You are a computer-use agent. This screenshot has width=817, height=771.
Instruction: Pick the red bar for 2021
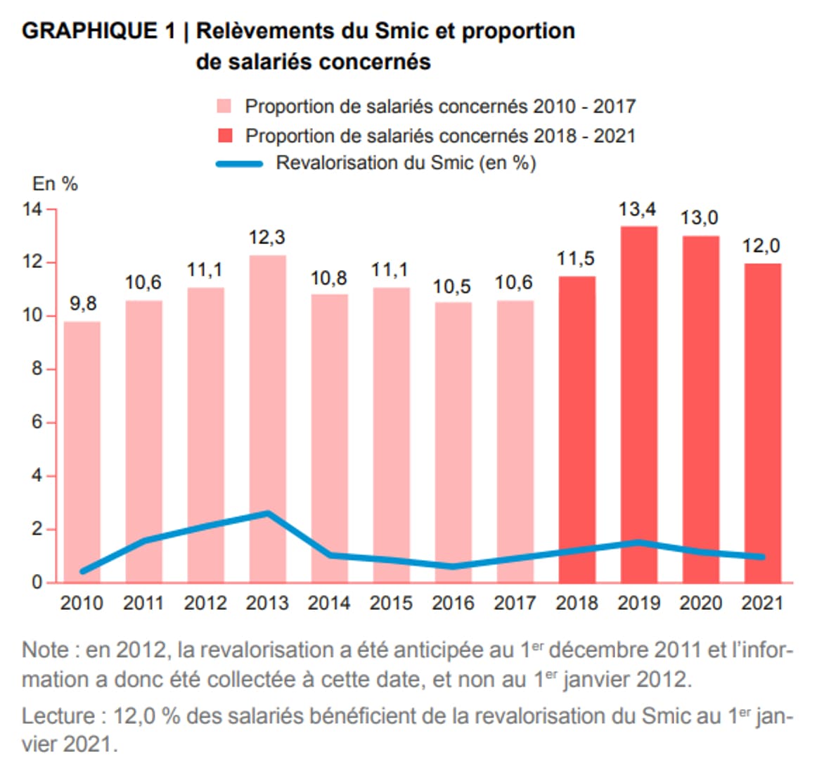point(762,423)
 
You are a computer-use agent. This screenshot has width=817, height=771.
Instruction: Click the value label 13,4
point(638,210)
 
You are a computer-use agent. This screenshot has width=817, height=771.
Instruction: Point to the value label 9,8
point(83,304)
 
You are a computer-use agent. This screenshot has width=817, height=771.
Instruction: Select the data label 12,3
point(267,238)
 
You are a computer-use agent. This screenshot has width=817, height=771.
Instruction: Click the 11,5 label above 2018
point(576,259)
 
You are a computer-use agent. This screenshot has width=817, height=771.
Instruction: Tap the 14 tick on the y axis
point(32,210)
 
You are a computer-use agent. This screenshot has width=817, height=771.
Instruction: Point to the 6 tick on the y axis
point(37,423)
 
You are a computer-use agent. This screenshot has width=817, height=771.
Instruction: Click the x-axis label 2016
point(453,604)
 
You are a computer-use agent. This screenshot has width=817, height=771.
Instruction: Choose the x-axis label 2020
point(700,604)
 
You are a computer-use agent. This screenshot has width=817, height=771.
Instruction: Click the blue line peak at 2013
point(268,513)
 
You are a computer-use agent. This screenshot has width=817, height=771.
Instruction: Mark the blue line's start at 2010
point(83,571)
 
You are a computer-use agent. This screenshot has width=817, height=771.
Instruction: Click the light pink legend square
point(224,107)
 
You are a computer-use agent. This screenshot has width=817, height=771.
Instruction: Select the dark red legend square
point(224,136)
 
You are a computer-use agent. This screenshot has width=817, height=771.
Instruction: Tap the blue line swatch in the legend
point(239,164)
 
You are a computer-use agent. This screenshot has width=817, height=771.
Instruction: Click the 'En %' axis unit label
point(55,184)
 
